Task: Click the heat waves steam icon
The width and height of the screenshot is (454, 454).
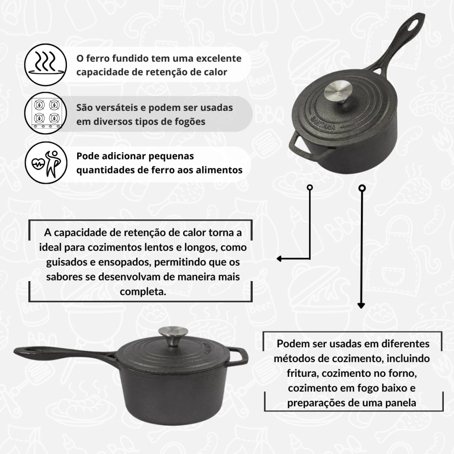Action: pyautogui.click(x=46, y=65)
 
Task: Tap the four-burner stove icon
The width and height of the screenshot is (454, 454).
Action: pyautogui.click(x=46, y=113)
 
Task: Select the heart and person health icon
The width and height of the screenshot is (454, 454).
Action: pyautogui.click(x=46, y=162)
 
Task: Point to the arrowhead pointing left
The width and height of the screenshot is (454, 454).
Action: pyautogui.click(x=279, y=258)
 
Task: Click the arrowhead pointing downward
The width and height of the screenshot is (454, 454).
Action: pyautogui.click(x=361, y=305)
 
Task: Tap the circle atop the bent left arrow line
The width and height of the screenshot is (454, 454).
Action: pyautogui.click(x=310, y=188)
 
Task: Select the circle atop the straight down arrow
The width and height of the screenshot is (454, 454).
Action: pyautogui.click(x=362, y=188)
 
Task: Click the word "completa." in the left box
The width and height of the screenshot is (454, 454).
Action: pyautogui.click(x=143, y=292)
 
